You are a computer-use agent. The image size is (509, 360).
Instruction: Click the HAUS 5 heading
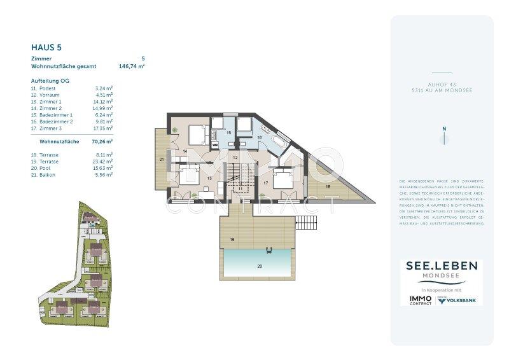46,47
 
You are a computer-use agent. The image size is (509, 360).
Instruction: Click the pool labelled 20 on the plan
257,265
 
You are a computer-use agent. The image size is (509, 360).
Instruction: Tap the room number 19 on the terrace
233,239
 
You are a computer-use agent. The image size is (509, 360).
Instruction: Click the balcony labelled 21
162,158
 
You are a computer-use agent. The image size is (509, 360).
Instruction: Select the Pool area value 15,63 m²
104,168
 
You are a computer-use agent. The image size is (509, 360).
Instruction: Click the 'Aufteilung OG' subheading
50,81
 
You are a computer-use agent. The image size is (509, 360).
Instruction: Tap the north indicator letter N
445,129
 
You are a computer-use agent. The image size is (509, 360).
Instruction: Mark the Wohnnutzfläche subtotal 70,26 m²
102,142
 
